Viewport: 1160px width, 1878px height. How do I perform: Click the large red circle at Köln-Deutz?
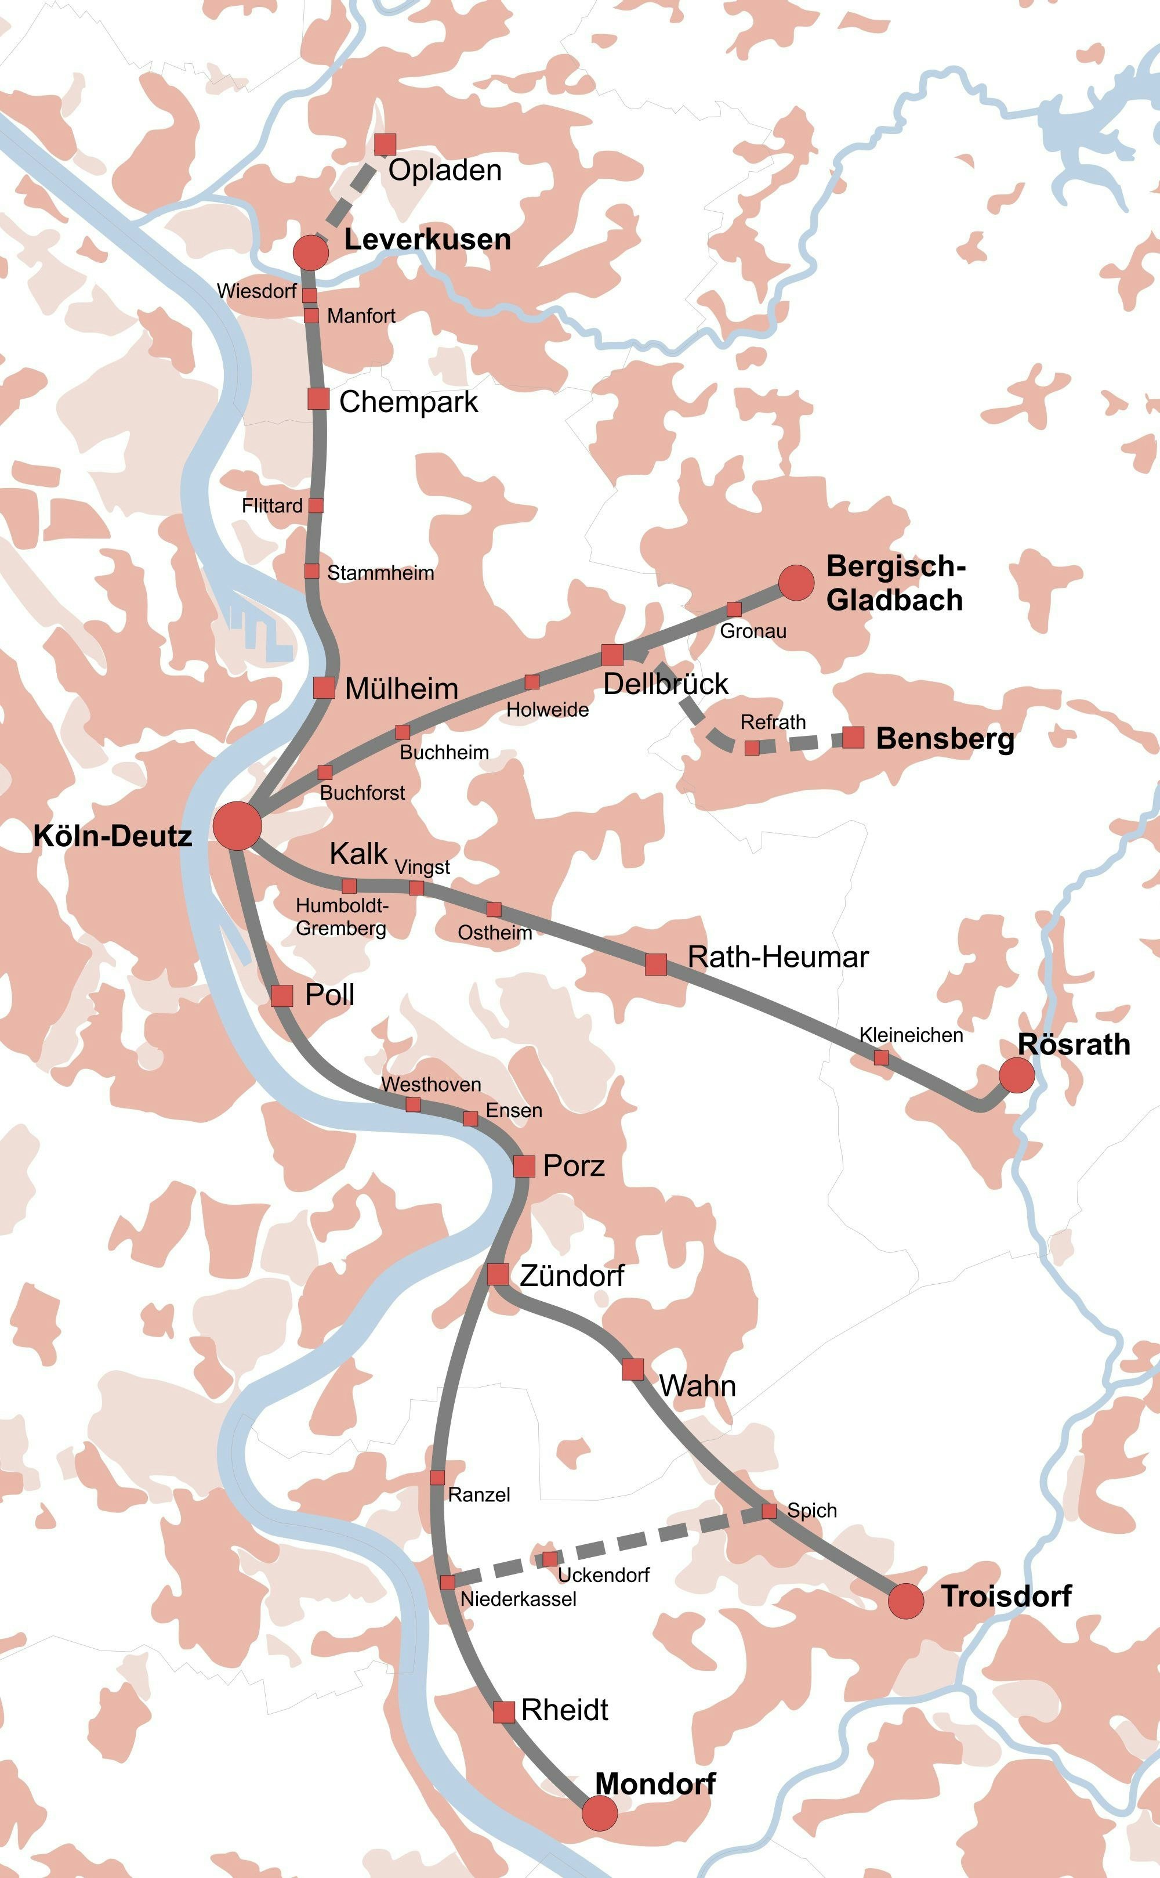click(237, 826)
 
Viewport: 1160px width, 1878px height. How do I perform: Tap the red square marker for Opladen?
click(385, 145)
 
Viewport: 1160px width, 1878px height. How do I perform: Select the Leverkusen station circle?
click(311, 252)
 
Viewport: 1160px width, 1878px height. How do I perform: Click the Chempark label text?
click(408, 402)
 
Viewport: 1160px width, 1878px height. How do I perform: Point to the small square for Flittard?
click(316, 505)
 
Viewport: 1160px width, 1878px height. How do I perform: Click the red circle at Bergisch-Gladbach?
click(796, 583)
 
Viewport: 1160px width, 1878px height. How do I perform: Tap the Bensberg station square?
click(853, 738)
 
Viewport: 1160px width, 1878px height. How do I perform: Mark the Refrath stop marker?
click(752, 747)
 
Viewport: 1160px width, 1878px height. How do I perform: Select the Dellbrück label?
click(665, 683)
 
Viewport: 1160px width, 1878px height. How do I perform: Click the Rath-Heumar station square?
click(655, 964)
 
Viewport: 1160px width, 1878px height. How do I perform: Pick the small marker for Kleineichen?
click(882, 1057)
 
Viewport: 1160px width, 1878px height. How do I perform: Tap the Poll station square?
click(282, 995)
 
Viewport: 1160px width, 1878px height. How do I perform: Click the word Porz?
click(573, 1166)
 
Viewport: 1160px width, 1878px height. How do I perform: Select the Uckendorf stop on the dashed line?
click(550, 1559)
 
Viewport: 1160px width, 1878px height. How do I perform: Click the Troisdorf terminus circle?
click(905, 1600)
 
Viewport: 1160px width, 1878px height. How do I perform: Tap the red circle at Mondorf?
click(599, 1813)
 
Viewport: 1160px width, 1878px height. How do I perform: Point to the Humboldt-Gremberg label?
click(342, 916)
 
